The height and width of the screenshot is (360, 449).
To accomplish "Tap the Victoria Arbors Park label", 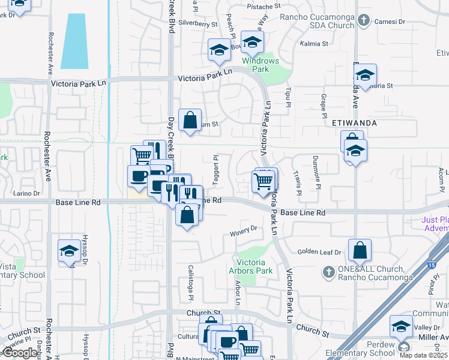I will pos(255,266).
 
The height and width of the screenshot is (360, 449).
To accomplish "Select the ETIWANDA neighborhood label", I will pos(354,122).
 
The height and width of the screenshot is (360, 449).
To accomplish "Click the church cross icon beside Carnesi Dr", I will pos(363,22).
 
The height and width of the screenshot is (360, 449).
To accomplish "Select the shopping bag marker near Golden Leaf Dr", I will pos(360,251).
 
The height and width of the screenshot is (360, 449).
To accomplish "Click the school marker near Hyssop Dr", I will pos(69,251).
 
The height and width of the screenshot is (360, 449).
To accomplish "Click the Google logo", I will pos(20,353).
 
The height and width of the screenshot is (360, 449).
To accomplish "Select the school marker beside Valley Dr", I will pos(401,327).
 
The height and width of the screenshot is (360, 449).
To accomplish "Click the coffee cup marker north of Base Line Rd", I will pos(139,176).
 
